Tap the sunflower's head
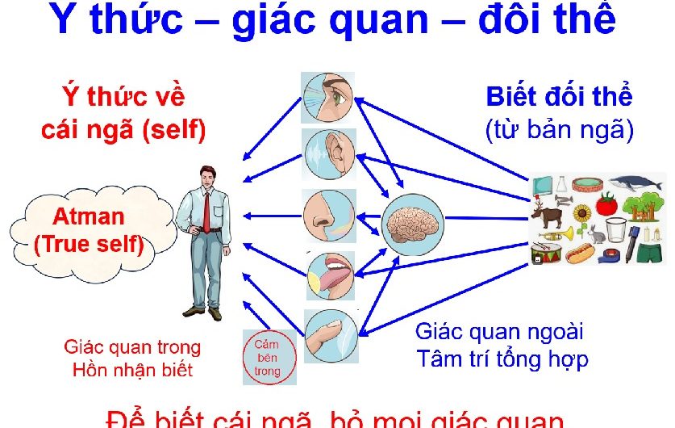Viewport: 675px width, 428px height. point(581,213)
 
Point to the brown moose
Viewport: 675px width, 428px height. point(549,214)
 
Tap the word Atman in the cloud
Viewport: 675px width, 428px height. point(89,216)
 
